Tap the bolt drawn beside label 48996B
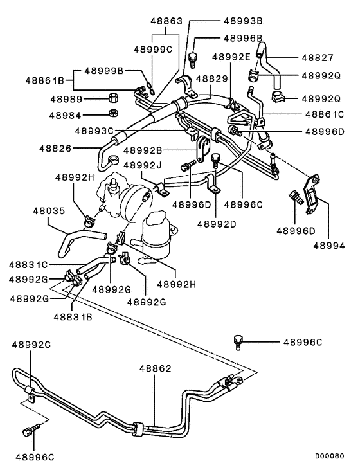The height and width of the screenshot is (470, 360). (x=192, y=59)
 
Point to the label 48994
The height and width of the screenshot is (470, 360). (x=328, y=245)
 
